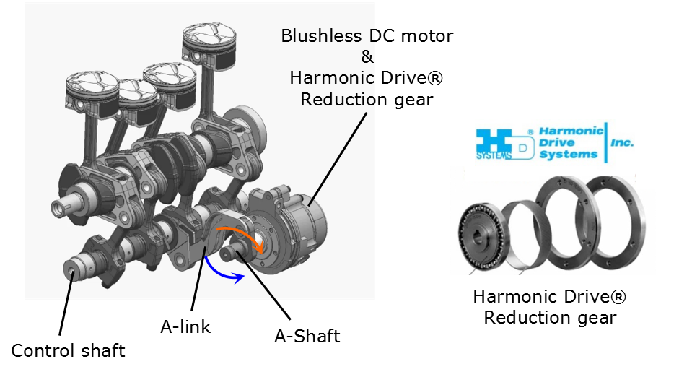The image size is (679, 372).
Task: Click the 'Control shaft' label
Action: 68,351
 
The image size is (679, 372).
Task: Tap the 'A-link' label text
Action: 185,326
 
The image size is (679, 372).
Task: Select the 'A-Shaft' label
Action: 307,336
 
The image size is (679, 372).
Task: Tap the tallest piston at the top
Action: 211,41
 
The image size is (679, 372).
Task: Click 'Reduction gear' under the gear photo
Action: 550,317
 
